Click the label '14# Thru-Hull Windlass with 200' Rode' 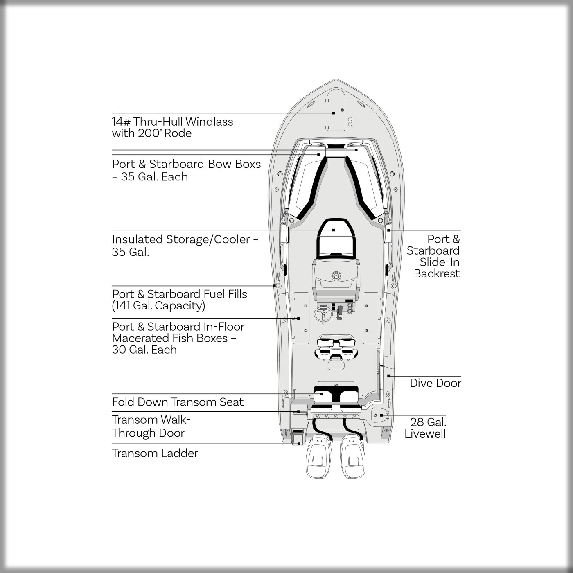click(x=172, y=127)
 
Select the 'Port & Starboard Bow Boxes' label click(x=186, y=170)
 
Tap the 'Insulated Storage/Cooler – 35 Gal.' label click(x=185, y=245)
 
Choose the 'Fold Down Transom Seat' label click(x=178, y=402)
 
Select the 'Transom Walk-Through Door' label click(x=151, y=426)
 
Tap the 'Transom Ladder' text click(x=155, y=453)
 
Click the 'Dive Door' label click(x=435, y=383)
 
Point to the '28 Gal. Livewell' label click(x=426, y=428)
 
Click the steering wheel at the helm click(x=323, y=314)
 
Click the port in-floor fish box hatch click(x=301, y=318)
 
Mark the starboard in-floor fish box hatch click(x=371, y=318)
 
